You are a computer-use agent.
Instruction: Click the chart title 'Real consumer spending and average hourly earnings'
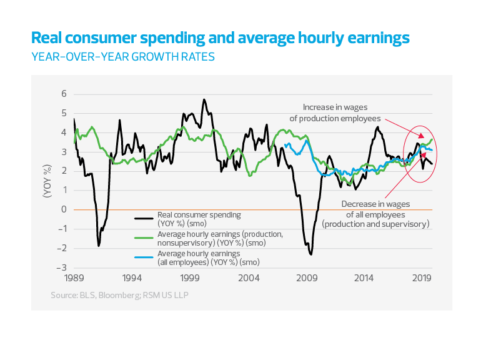220,38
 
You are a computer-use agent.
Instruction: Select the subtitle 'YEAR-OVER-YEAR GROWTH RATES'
122,57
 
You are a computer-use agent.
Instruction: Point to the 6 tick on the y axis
64,94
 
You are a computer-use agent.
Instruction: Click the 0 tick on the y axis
64,209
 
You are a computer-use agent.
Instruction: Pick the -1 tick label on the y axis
62,229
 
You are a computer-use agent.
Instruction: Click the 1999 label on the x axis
190,277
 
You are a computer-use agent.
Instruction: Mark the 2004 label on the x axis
249,277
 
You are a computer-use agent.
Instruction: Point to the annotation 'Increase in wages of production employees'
342,112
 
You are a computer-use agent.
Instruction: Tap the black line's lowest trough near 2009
310,254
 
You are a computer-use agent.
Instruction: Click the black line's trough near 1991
99,246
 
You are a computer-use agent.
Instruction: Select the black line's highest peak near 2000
204,99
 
